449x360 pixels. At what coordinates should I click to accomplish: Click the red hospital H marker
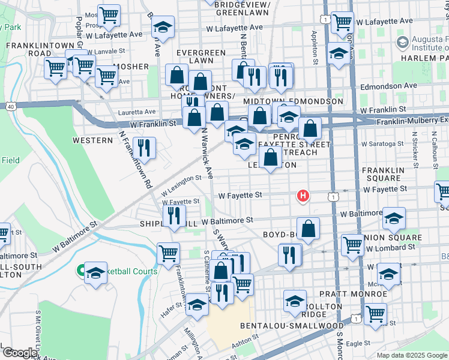tap(304, 196)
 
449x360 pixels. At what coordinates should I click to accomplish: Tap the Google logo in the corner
tap(19, 353)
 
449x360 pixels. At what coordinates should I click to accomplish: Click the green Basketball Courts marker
tap(80, 271)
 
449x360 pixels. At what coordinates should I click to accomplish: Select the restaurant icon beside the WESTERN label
tap(144, 148)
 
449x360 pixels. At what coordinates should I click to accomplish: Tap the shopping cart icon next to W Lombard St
tap(352, 244)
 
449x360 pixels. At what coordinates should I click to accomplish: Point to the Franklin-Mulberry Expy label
tap(412, 122)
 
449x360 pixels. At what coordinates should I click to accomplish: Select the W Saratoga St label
tap(382, 144)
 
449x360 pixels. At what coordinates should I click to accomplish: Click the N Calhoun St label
tap(432, 151)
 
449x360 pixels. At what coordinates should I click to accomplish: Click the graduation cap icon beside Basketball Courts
tap(95, 273)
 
